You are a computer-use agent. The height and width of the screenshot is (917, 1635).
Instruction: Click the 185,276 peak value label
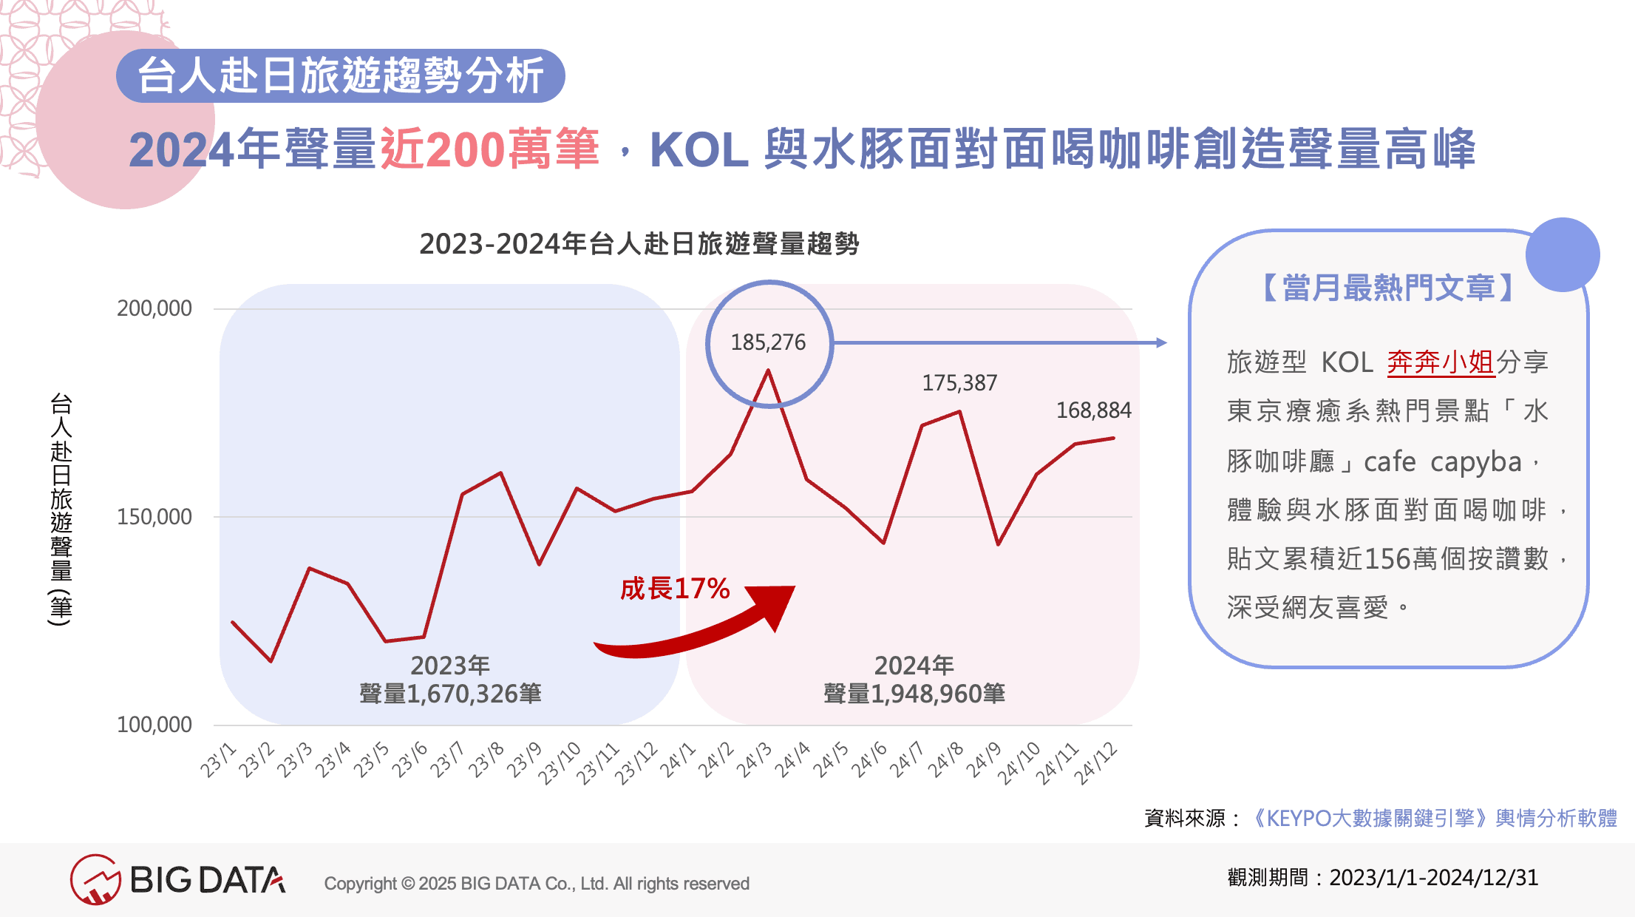point(768,342)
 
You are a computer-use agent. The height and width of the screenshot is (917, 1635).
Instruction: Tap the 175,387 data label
point(959,383)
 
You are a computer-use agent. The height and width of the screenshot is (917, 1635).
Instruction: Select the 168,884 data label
point(1093,410)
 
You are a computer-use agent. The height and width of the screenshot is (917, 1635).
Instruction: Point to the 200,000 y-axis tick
point(154,308)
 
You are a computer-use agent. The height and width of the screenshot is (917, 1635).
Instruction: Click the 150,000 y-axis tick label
point(154,517)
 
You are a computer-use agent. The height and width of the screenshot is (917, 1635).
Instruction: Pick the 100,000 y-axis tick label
point(154,725)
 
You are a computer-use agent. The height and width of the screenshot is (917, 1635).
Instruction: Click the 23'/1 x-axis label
point(218,760)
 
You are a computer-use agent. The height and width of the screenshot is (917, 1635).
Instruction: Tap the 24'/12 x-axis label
point(1095,763)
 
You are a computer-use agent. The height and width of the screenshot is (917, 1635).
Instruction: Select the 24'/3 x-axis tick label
point(754,760)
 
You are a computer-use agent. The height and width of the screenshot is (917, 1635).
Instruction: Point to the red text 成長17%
point(675,589)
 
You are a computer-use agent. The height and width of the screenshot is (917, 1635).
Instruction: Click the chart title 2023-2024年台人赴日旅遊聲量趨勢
point(639,243)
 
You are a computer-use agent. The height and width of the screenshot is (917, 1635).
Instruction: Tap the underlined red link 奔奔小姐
point(1441,362)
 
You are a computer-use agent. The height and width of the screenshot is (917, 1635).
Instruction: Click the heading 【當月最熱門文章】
point(1388,288)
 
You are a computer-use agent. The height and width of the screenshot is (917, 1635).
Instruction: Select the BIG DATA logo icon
point(95,879)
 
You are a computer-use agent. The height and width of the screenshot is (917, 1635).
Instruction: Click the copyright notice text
point(537,884)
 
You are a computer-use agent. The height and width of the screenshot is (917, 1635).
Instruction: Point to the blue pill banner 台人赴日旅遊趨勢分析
point(341,75)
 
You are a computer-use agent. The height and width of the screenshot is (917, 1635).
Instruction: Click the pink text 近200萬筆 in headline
point(489,149)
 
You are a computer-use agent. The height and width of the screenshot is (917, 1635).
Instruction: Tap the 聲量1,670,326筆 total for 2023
point(450,694)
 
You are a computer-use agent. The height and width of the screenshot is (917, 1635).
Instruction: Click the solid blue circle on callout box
point(1563,254)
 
